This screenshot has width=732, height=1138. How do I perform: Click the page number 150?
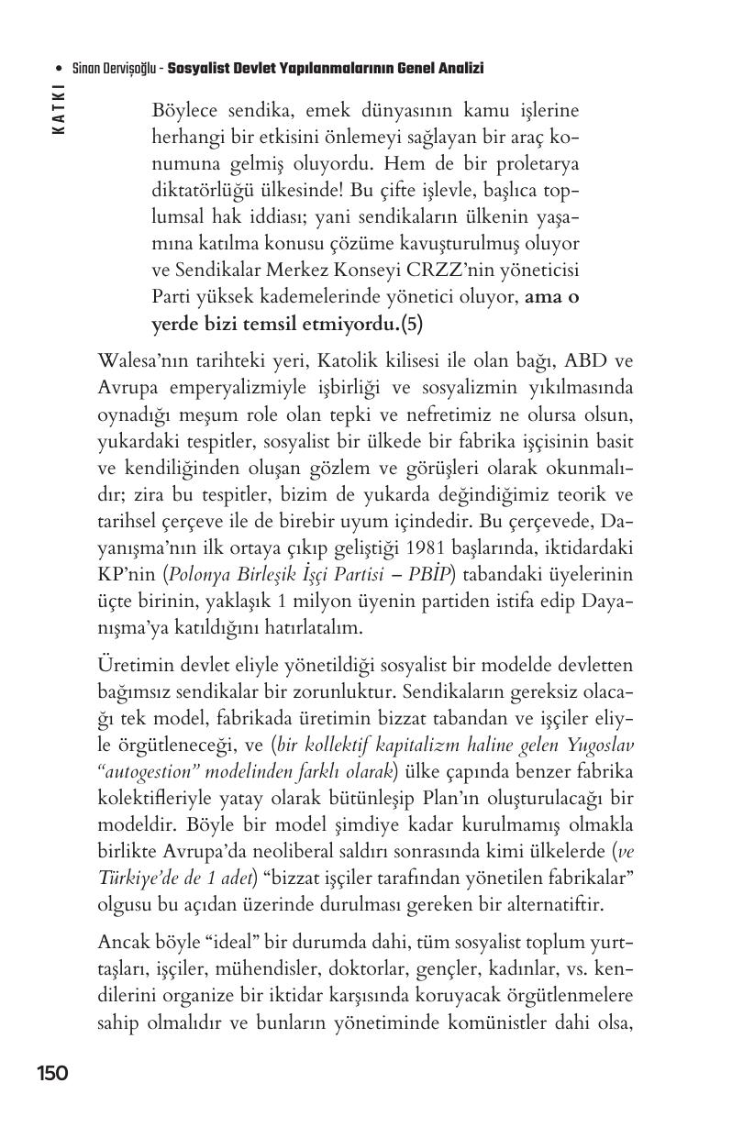pos(53,1073)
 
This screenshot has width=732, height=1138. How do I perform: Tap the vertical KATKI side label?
pos(59,110)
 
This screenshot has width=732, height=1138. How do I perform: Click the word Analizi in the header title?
pos(460,69)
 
